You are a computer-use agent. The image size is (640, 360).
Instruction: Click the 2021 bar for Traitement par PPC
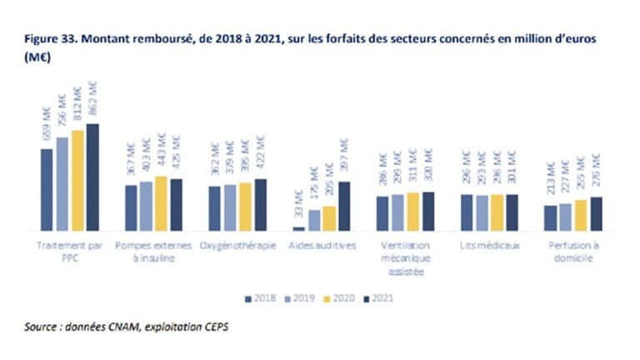(x=92, y=177)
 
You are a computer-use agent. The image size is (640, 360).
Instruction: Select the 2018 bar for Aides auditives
(x=298, y=227)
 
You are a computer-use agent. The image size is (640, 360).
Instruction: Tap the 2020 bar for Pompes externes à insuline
(x=161, y=203)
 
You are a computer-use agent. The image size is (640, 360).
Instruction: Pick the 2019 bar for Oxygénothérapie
(x=230, y=207)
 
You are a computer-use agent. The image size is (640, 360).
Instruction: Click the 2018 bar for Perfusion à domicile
(x=550, y=217)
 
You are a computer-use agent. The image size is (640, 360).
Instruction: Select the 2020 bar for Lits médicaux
(x=497, y=212)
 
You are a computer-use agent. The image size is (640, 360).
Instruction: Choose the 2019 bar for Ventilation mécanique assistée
(x=397, y=212)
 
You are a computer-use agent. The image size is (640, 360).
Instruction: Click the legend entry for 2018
(x=259, y=297)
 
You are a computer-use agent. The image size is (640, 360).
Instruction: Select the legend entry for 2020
(x=341, y=297)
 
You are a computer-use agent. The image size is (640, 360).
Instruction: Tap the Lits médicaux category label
(x=489, y=246)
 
